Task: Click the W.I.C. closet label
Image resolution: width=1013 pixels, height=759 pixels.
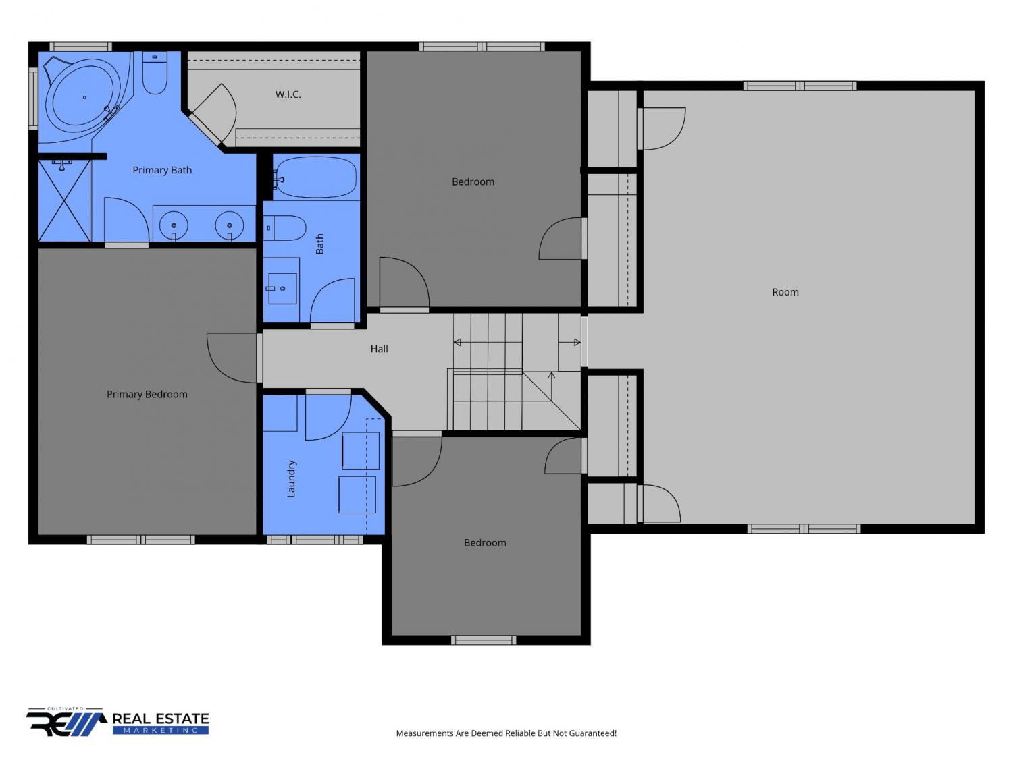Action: click(288, 94)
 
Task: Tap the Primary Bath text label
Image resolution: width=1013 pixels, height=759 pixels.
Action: click(162, 170)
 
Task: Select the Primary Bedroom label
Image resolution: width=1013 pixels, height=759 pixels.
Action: click(147, 395)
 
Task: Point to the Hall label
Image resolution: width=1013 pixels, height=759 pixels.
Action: click(379, 349)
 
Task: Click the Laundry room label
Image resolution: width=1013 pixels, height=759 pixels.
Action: click(291, 479)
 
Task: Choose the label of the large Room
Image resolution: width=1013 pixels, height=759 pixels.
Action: click(785, 292)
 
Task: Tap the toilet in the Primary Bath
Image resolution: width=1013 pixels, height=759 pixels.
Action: click(155, 73)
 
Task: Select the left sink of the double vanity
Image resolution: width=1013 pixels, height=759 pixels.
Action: click(174, 225)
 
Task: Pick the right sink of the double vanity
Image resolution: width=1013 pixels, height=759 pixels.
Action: click(230, 225)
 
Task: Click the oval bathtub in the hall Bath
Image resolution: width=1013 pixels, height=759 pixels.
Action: click(315, 177)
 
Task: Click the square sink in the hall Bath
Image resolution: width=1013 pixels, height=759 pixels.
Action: click(282, 289)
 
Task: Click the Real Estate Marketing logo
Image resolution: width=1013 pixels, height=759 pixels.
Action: click(118, 722)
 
